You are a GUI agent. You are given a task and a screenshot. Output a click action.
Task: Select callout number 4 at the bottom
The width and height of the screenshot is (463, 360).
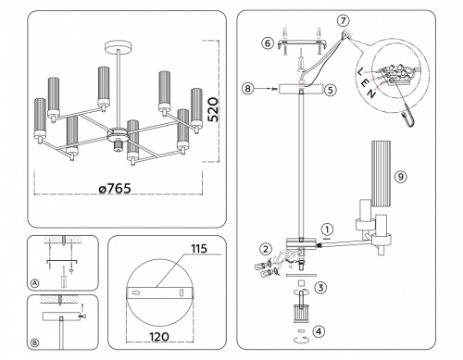(x=320, y=331)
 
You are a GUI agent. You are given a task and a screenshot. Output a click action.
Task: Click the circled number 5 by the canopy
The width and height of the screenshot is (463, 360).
(x=332, y=91)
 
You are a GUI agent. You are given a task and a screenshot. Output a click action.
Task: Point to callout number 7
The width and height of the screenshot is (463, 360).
(x=344, y=20)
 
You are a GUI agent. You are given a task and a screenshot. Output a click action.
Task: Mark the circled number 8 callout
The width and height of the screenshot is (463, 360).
(x=246, y=89)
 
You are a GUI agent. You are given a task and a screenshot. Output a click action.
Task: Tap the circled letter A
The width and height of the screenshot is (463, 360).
(x=35, y=281)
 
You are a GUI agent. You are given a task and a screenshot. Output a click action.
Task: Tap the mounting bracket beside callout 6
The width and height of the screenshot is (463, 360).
(x=299, y=41)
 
